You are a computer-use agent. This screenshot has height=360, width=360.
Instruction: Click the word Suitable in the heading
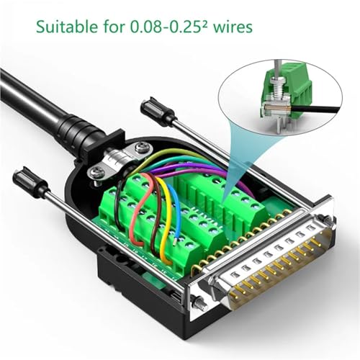[67, 26]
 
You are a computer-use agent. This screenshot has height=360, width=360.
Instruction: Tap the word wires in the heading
[233, 27]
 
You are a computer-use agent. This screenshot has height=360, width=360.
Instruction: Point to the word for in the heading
[114, 26]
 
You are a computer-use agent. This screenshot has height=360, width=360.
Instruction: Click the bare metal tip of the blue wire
[174, 240]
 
